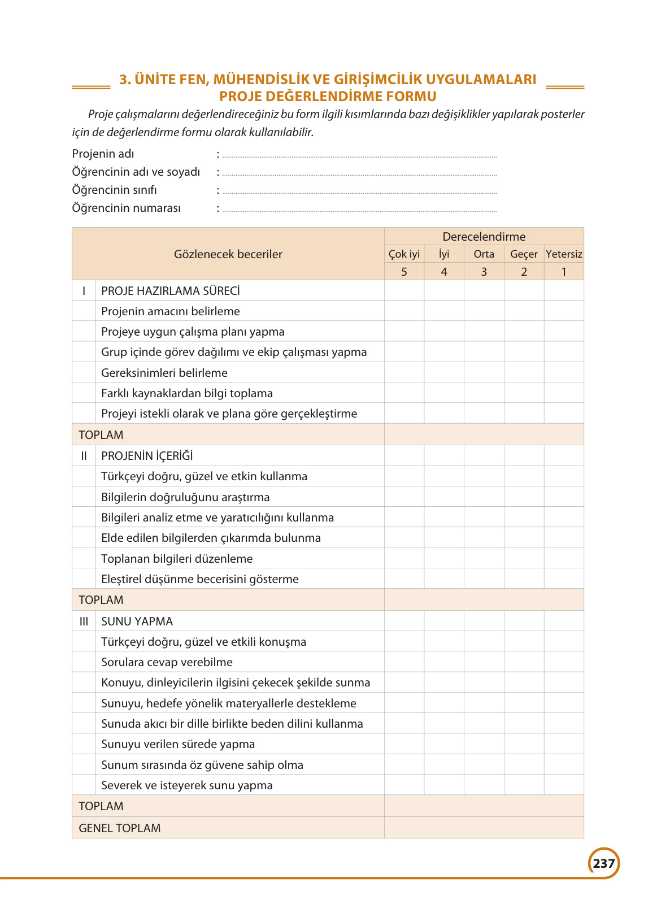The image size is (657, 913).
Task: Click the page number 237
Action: pos(604,863)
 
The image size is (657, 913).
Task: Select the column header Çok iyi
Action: pos(404,254)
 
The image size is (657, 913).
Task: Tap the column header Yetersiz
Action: pos(564,254)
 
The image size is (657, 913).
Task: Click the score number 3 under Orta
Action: pos(484,272)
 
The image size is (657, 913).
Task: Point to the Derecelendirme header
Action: pos(484,237)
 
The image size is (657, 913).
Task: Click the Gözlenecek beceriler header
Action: pos(228,254)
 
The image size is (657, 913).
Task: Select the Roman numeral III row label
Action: pos(84,621)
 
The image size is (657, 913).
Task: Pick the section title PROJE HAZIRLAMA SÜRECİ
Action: pos(171,291)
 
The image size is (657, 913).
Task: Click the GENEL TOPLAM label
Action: pos(120,828)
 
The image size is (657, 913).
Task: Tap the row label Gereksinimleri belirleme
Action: pos(164,373)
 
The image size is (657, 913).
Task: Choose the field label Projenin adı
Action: pos(103,154)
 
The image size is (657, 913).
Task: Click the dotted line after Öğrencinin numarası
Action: pos(359,210)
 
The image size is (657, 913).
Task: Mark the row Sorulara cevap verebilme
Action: pos(167,662)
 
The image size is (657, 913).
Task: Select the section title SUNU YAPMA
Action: pos(137,621)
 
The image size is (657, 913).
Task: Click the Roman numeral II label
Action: pos(84,456)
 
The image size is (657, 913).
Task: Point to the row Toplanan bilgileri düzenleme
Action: pos(177,559)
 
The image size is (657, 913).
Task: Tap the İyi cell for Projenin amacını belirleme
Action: pos(444,311)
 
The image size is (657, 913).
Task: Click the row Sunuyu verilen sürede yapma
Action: pos(178,744)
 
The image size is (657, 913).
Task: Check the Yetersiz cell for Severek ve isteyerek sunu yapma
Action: pos(564,785)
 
